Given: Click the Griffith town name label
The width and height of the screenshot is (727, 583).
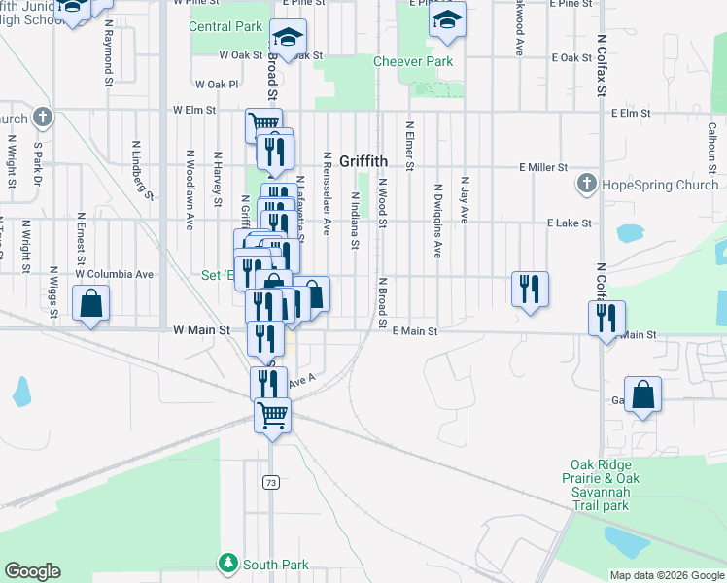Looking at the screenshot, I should pos(363,160).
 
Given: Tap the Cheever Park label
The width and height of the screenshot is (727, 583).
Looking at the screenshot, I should pos(413,61).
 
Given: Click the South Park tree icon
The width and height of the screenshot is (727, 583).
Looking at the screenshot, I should pos(227,563).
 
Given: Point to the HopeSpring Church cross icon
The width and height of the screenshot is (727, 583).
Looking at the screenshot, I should pos(586,184).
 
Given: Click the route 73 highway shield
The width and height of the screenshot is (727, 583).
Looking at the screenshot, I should pos(271,481).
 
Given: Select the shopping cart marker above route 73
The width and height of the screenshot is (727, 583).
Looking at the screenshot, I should pos(272,416).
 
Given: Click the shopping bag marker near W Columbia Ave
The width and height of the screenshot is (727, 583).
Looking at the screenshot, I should pos(90,303).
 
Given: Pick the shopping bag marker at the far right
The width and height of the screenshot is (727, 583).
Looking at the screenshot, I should pos(642,394).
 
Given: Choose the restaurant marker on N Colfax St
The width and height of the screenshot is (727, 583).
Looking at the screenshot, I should pos(606,318).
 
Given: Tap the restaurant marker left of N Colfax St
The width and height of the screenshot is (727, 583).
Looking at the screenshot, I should pos(530,289).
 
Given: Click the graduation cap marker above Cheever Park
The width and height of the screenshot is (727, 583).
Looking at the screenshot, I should pos(447,19).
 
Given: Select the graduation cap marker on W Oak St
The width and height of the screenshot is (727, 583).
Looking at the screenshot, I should pos(288,37).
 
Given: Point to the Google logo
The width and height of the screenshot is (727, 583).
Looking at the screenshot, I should pos(32,571).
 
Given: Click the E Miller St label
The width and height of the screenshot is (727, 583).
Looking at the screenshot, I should pos(543,167).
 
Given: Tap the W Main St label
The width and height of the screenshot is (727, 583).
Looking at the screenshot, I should pos(201,330).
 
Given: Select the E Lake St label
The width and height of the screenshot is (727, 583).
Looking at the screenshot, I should pos(569,223).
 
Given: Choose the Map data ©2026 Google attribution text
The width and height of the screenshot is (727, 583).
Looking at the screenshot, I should pos(667,575).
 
